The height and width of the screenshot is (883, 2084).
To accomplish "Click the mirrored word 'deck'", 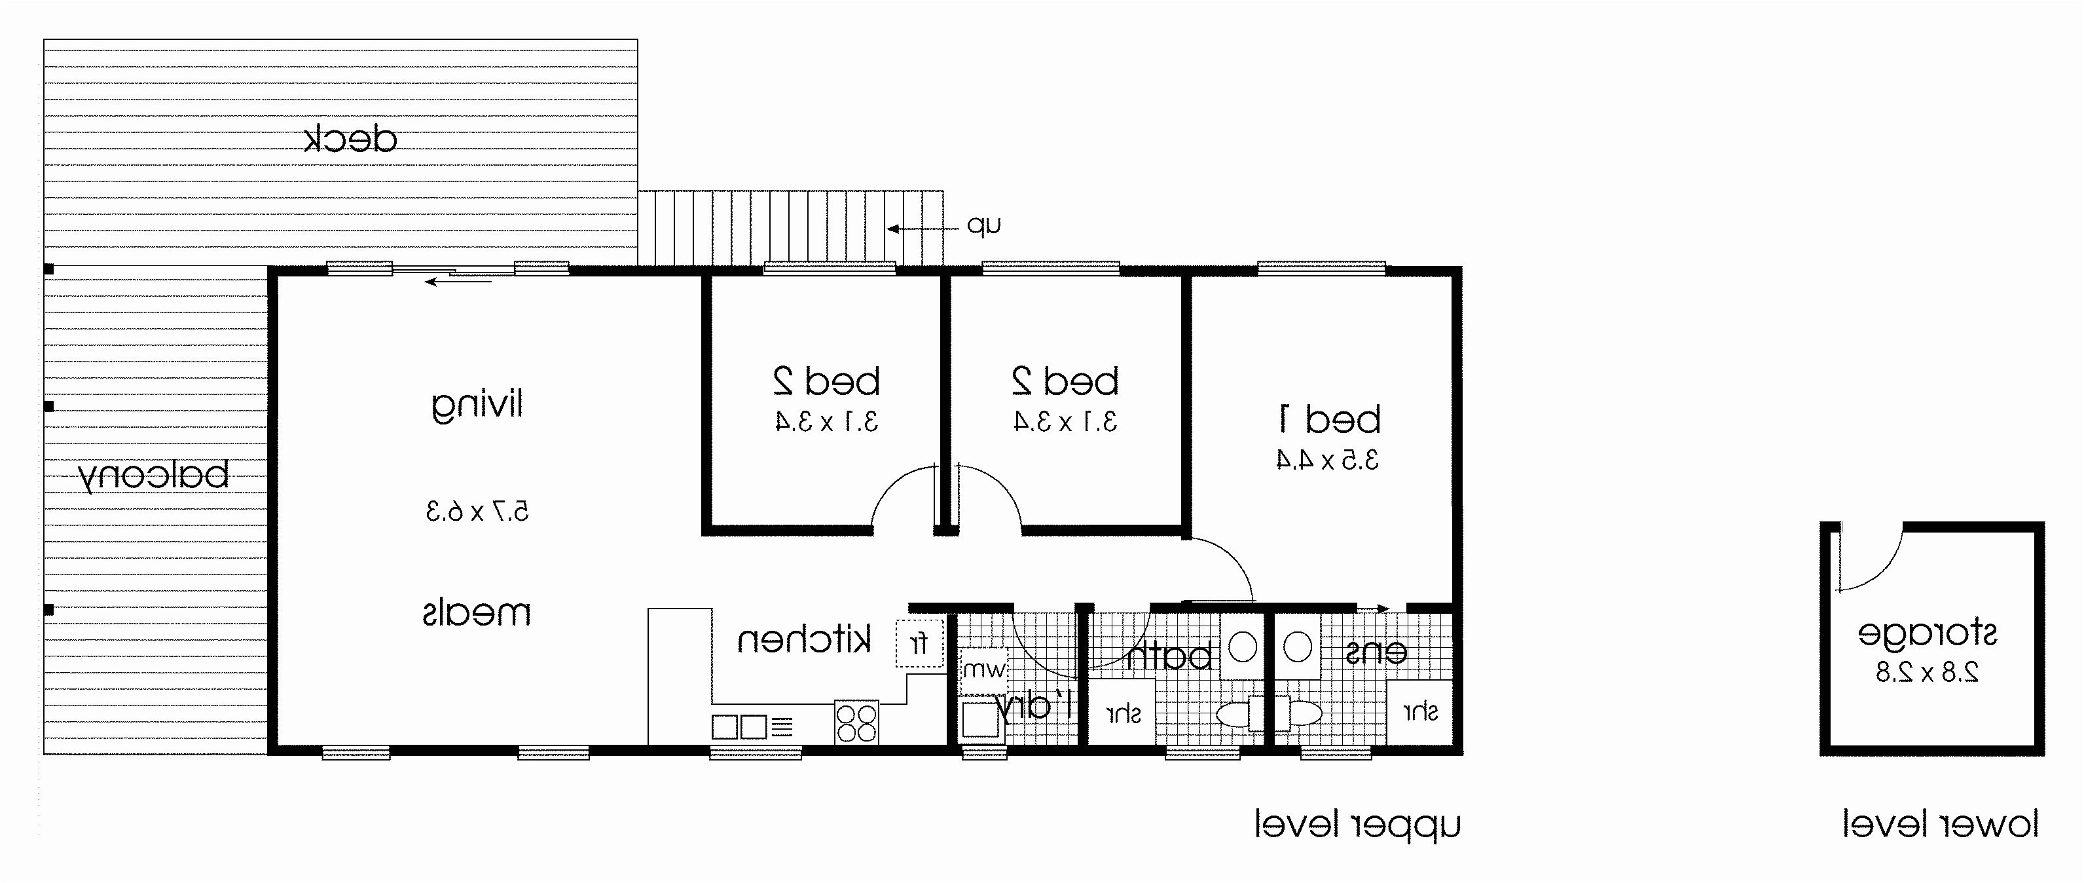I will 350,140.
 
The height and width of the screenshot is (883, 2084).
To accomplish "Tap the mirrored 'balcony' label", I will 154,475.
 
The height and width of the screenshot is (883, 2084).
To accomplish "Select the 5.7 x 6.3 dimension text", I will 477,512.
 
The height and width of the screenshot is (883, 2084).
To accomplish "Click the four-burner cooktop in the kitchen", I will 856,722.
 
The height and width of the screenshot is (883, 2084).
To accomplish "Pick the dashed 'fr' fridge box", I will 920,643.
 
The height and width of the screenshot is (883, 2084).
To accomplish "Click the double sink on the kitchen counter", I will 739,726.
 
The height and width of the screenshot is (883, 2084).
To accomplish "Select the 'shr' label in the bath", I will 1124,714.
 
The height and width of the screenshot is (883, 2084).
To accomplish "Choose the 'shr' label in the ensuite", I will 1421,711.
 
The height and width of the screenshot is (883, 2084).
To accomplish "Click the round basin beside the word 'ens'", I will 1298,647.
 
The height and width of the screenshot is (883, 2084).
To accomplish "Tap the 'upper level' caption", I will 1357,825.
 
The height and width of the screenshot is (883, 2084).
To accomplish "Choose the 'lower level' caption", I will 1941,825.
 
